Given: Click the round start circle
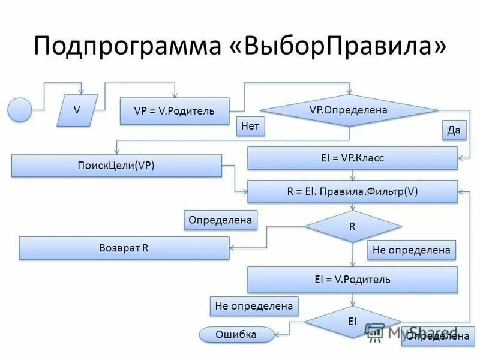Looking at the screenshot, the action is click(x=20, y=110).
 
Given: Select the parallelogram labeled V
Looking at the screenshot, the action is click(x=77, y=110).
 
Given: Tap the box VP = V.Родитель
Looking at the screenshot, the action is click(x=174, y=111).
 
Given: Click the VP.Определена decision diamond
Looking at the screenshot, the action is click(x=349, y=110).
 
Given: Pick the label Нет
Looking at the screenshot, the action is click(x=251, y=126).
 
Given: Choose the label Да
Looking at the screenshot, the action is click(x=454, y=130).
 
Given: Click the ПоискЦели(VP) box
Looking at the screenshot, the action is click(x=116, y=166).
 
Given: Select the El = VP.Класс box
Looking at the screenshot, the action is click(x=352, y=158).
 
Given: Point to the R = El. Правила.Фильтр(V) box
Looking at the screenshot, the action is click(x=352, y=191).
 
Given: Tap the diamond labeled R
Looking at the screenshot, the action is click(x=352, y=227).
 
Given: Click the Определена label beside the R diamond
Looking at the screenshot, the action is click(x=220, y=220).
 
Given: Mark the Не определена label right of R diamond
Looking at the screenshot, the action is click(x=411, y=250).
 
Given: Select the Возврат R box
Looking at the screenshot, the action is click(x=124, y=248).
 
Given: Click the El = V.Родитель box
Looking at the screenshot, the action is click(x=352, y=280).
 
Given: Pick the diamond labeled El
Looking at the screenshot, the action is click(x=352, y=322).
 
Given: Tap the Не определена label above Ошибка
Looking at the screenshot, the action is click(x=254, y=307).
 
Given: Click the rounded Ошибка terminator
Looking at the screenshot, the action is click(x=236, y=335).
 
